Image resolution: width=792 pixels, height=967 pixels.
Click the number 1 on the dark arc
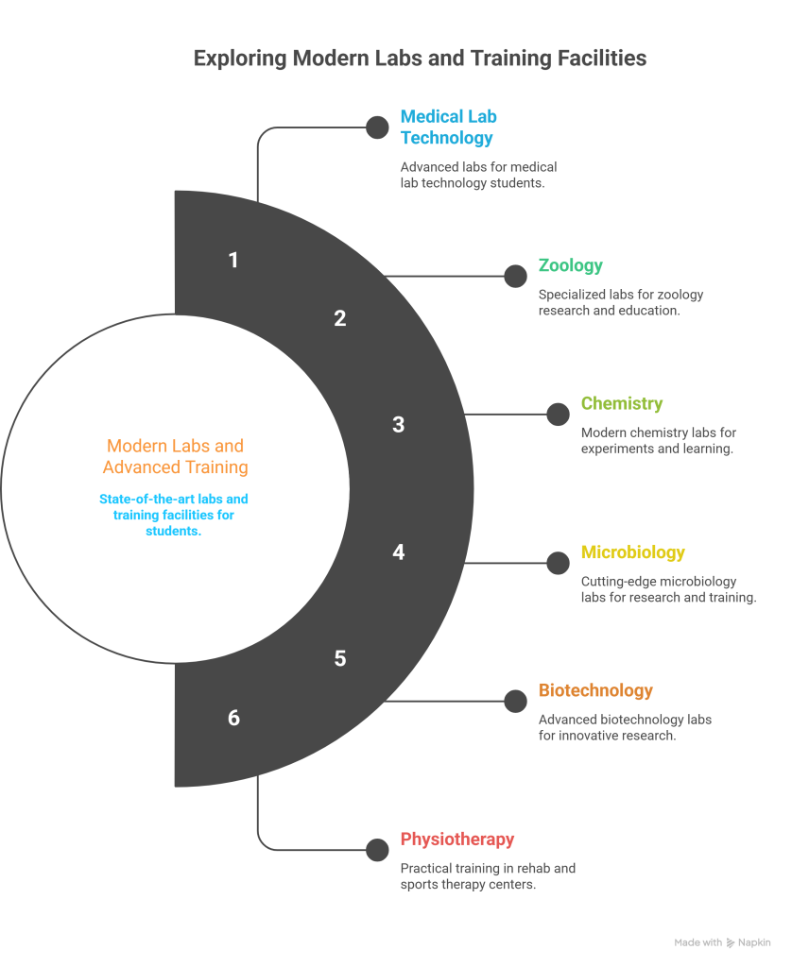pos(233,261)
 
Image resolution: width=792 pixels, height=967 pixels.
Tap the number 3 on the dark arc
pos(399,425)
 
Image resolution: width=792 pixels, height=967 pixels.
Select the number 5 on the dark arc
pos(340,658)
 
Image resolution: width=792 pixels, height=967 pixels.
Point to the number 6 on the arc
pos(234,718)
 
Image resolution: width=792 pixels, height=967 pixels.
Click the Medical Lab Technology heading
pos(449,127)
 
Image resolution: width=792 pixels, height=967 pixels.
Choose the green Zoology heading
pos(571,265)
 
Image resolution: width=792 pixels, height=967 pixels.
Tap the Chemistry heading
pos(622,403)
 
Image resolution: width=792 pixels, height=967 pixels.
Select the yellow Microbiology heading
pos(632,551)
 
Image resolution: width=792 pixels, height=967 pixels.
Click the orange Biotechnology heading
pos(595,690)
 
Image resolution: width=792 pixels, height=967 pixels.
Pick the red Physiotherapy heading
pos(457,840)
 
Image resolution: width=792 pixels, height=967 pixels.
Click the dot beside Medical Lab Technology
pos(377,127)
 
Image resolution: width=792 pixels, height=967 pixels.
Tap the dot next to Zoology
pos(515,277)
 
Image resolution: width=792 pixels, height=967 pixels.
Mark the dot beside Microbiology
pos(558,563)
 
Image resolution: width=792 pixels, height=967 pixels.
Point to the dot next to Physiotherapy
pos(377,850)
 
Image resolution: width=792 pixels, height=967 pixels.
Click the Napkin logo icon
pos(731,943)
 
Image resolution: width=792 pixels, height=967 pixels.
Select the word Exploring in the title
pos(240,59)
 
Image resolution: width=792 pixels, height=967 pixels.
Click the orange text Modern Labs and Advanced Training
pos(175,456)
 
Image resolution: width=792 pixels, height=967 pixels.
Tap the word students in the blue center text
pos(174,531)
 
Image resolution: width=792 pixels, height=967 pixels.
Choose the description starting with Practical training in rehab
pos(488,876)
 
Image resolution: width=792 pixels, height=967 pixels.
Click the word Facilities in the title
pos(602,58)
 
